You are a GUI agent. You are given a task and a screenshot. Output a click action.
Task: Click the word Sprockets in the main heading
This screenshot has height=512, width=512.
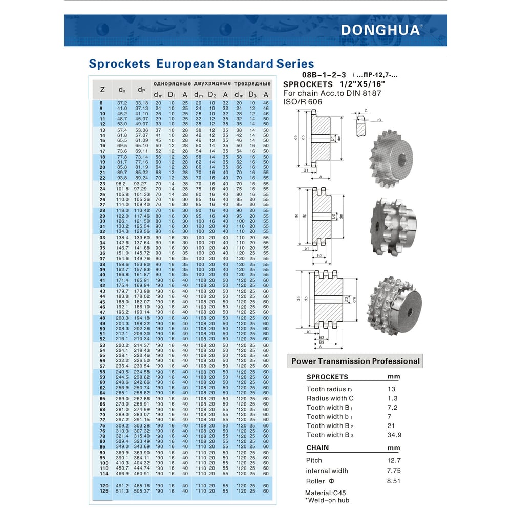point(119,64)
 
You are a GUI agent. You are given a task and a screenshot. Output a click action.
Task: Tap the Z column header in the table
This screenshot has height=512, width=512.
point(102,89)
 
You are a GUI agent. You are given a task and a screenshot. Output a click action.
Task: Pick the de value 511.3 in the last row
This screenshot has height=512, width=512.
point(122,491)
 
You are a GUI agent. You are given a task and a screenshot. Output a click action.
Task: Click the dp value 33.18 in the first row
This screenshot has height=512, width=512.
point(141,103)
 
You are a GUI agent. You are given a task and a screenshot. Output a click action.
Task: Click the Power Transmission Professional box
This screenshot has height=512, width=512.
point(355,361)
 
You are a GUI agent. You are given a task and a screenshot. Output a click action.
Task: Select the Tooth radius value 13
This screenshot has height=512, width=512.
point(393,389)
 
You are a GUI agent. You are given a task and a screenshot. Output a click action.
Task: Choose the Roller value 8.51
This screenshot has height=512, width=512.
point(394,481)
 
